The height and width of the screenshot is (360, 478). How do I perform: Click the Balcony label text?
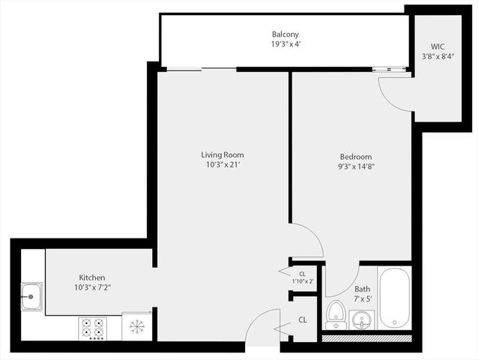click(x=286, y=34)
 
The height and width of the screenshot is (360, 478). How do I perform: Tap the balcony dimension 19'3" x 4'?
click(x=286, y=45)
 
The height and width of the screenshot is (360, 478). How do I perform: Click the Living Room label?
click(x=222, y=154)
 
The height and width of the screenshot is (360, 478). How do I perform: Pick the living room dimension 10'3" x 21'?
click(x=222, y=165)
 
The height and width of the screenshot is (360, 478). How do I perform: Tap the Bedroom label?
click(x=357, y=157)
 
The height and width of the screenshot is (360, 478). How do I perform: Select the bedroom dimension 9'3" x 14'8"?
click(x=357, y=167)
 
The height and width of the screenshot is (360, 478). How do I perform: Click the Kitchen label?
click(x=92, y=277)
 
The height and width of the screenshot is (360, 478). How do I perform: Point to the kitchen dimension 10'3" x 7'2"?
click(x=92, y=287)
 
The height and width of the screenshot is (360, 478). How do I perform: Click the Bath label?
click(x=362, y=289)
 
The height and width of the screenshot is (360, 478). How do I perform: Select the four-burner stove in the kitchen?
click(x=94, y=328)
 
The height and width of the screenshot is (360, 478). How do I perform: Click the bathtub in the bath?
click(x=395, y=298)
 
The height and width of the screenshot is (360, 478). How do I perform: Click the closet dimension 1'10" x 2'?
click(x=302, y=281)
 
